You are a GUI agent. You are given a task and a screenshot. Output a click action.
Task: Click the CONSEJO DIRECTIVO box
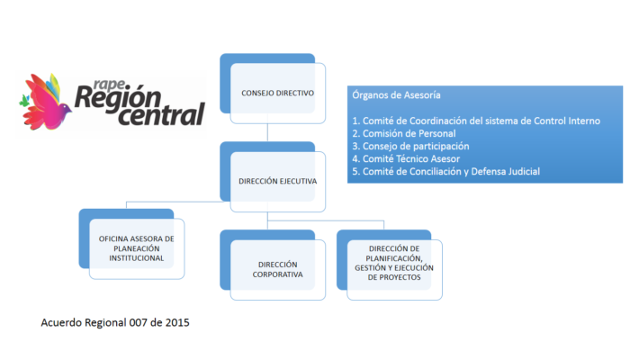tap(273, 88)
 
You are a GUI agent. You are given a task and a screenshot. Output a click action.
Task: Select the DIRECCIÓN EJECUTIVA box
tap(273, 177)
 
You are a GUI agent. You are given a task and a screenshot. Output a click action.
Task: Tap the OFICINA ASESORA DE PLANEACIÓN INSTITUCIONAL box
tap(131, 244)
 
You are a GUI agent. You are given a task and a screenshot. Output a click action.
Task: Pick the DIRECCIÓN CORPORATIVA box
tap(273, 265)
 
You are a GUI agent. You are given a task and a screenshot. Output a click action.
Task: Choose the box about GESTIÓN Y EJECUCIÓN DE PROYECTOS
tap(390, 265)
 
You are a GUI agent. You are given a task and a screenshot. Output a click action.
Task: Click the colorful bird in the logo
tap(45, 102)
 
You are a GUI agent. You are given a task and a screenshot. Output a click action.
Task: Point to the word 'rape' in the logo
tap(109, 85)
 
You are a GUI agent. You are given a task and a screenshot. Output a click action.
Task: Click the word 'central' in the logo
tap(161, 114)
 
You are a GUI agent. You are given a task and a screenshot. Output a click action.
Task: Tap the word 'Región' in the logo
tap(118, 98)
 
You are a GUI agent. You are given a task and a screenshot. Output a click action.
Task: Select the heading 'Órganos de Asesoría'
tap(396, 95)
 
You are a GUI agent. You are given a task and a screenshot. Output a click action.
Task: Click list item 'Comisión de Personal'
tap(404, 133)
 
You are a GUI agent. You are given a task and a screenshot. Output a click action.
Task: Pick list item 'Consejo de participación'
tap(410, 146)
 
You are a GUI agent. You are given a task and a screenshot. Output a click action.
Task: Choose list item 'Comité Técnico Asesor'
tap(406, 158)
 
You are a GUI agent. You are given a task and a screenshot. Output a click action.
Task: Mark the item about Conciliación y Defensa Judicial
tap(445, 171)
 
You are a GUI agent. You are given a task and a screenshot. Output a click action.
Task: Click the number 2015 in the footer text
tap(177, 322)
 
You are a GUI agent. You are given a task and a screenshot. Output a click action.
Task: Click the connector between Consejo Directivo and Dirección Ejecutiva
tap(267, 132)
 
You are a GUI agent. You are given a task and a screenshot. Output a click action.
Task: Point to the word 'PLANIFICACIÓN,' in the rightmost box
tap(394, 258)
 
